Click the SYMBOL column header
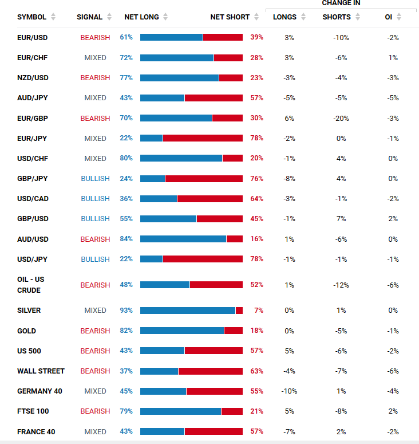click(x=31, y=17)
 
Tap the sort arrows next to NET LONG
click(x=165, y=17)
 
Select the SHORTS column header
click(x=337, y=17)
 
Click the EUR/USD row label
click(x=32, y=37)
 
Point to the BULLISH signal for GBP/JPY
click(x=95, y=179)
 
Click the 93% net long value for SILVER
click(x=126, y=311)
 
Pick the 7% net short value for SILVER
click(x=259, y=311)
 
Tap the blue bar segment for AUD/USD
click(x=183, y=239)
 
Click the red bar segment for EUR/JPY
click(x=203, y=138)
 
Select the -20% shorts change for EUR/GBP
click(x=341, y=118)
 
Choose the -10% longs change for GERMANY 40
click(x=289, y=391)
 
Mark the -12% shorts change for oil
click(x=341, y=285)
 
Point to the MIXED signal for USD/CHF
click(x=95, y=158)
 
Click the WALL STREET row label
click(x=41, y=371)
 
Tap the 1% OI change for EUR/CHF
click(x=393, y=58)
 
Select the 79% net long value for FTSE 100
click(x=126, y=411)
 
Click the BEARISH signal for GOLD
click(x=95, y=331)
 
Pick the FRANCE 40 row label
click(x=37, y=431)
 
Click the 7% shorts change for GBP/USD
click(x=341, y=219)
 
